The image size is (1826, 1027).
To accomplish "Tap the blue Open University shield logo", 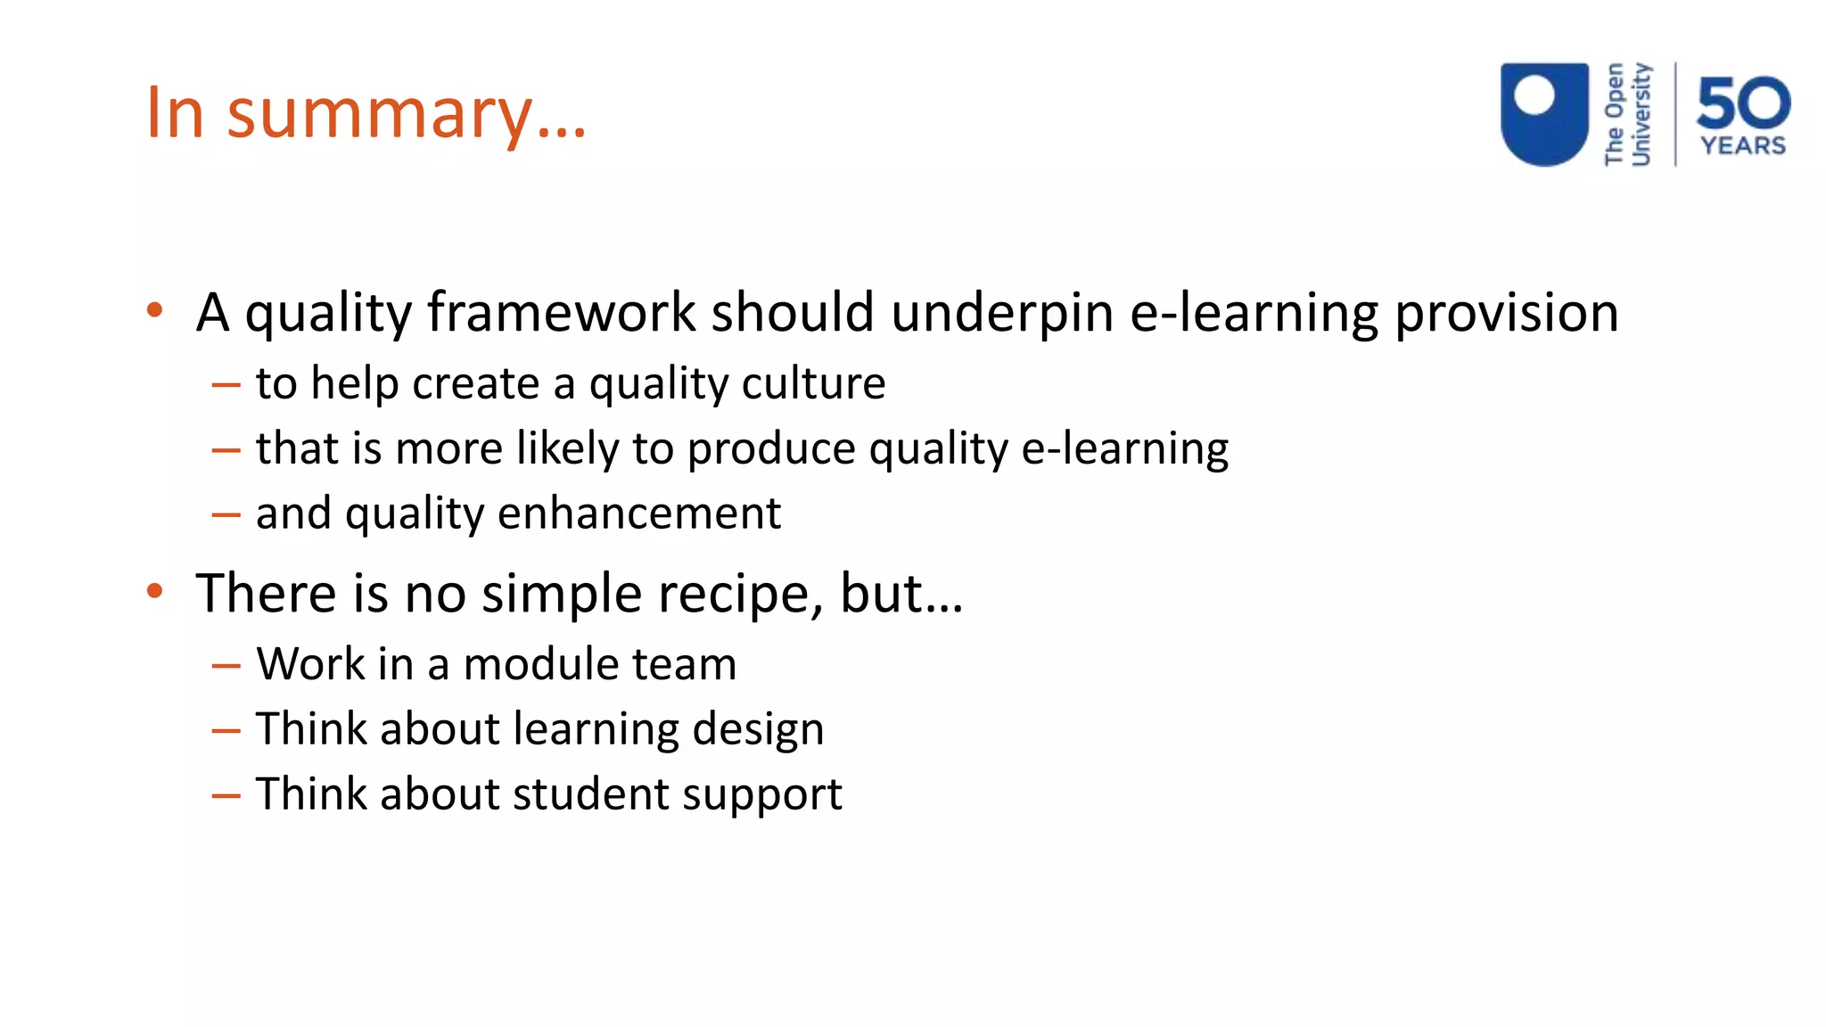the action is pos(1544,114).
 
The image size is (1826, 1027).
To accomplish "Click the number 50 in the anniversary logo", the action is pos(1743,103).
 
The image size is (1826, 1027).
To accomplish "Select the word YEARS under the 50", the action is pos(1743,145).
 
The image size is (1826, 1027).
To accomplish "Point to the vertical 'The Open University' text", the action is pos(1627,114).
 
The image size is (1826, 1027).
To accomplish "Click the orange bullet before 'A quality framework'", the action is pos(155,311).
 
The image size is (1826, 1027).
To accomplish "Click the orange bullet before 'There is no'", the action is pos(155,591).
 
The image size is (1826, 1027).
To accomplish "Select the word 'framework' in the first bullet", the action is pos(561,313).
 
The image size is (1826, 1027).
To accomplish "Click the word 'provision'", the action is pos(1506,313).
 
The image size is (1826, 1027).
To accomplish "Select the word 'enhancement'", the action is pos(638,513).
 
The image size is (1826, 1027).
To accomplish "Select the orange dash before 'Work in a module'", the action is pos(226,666).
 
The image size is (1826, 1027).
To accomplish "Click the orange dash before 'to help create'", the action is pos(226,385).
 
